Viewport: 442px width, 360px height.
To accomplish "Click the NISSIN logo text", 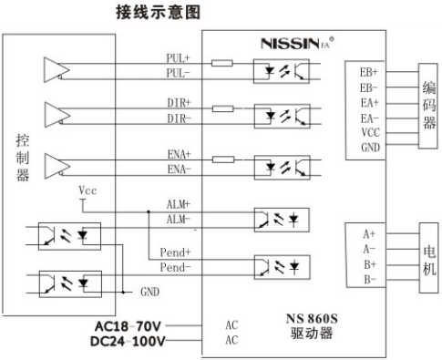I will coord(291,43).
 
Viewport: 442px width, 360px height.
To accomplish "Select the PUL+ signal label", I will coord(179,57).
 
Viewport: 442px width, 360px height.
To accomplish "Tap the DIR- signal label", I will coord(179,118).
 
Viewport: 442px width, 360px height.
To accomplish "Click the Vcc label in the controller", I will coord(88,190).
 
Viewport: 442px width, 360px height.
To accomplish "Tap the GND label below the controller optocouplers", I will coord(149,293).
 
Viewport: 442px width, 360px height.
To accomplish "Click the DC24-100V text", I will coord(128,343).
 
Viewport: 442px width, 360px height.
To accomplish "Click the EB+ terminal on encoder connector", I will coord(368,70).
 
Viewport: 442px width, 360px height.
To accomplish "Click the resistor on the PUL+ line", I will coord(221,64).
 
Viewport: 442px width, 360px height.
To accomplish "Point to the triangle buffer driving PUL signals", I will coord(56,68).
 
